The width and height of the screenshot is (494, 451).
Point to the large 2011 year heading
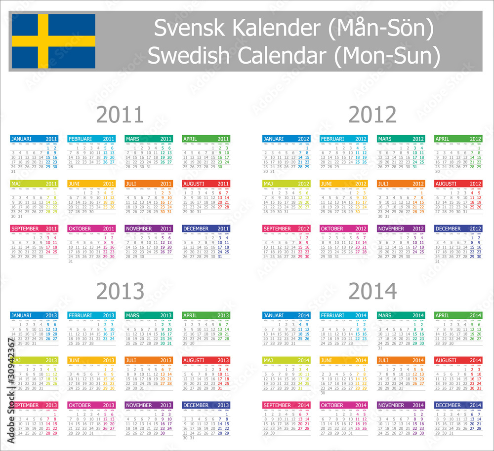click(x=120, y=115)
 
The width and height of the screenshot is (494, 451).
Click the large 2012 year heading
click(x=372, y=115)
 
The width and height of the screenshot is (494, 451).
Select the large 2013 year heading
click(x=120, y=291)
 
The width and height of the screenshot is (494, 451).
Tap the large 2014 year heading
click(x=372, y=291)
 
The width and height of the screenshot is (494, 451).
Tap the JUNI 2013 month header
click(x=91, y=360)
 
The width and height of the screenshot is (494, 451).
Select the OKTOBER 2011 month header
click(x=91, y=229)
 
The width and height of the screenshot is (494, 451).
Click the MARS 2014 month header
click(x=401, y=315)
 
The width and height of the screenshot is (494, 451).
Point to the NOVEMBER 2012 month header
click(x=401, y=229)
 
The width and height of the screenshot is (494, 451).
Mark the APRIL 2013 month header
click(x=206, y=315)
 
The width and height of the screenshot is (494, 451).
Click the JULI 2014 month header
click(x=401, y=360)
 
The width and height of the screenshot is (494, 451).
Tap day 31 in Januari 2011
click(x=13, y=171)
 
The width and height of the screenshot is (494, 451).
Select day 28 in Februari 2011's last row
click(x=71, y=167)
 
